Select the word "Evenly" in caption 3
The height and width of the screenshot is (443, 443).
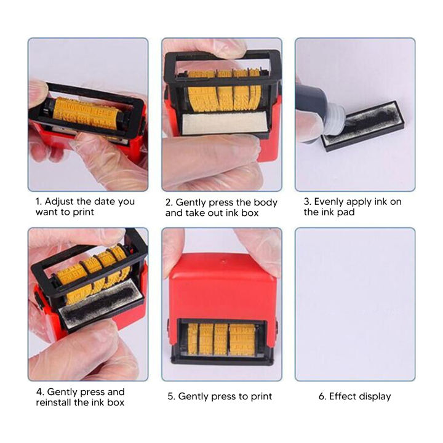(x=332, y=201)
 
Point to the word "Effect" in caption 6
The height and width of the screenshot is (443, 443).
(x=343, y=396)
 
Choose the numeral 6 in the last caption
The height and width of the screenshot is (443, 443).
(x=321, y=396)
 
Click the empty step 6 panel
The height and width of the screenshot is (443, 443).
(x=355, y=304)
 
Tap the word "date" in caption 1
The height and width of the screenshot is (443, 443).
(x=104, y=201)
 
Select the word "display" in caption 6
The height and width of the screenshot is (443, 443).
(x=375, y=396)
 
